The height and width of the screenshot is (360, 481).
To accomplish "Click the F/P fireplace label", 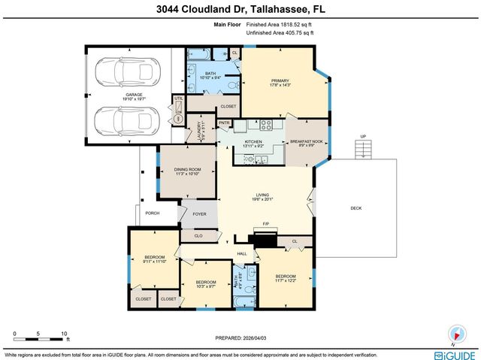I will pyautogui.click(x=266, y=224).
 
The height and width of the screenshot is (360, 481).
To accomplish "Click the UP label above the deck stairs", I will pyautogui.click(x=363, y=136).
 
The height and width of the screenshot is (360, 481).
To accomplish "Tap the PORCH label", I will pyautogui.click(x=153, y=213).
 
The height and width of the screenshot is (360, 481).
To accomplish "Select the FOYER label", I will pyautogui.click(x=199, y=214).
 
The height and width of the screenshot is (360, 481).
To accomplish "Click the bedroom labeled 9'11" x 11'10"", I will pyautogui.click(x=154, y=260).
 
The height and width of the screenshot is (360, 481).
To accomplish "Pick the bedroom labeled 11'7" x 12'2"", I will pyautogui.click(x=286, y=278).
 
